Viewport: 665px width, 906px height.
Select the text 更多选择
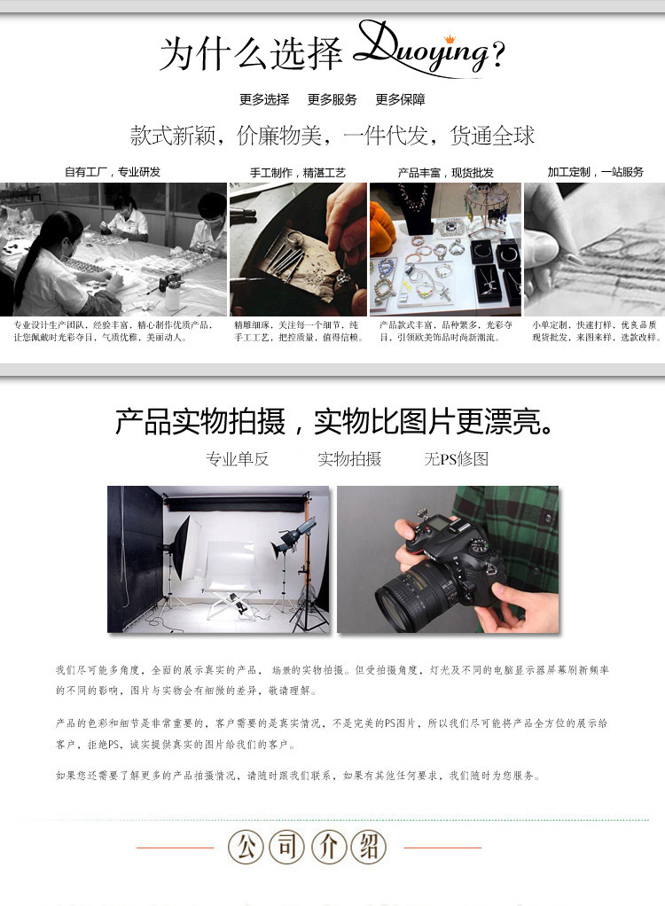point(264,99)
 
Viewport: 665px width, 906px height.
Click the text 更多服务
point(332,99)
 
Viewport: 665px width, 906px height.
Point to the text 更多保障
point(400,99)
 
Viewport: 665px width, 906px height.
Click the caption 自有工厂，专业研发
point(113,172)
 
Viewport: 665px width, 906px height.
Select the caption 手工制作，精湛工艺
point(298,173)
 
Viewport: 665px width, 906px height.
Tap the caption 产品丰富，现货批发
point(446,173)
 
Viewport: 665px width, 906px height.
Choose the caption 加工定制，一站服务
point(595,172)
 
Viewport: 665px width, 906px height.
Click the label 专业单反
point(237,459)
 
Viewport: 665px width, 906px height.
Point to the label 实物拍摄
point(349,459)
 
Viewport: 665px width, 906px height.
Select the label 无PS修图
point(456,459)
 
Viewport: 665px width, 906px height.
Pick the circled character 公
point(246,847)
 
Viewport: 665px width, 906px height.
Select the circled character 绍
point(368,847)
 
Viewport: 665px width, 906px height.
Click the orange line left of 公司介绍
point(176,848)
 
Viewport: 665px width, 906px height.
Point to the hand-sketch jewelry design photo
point(593,249)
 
